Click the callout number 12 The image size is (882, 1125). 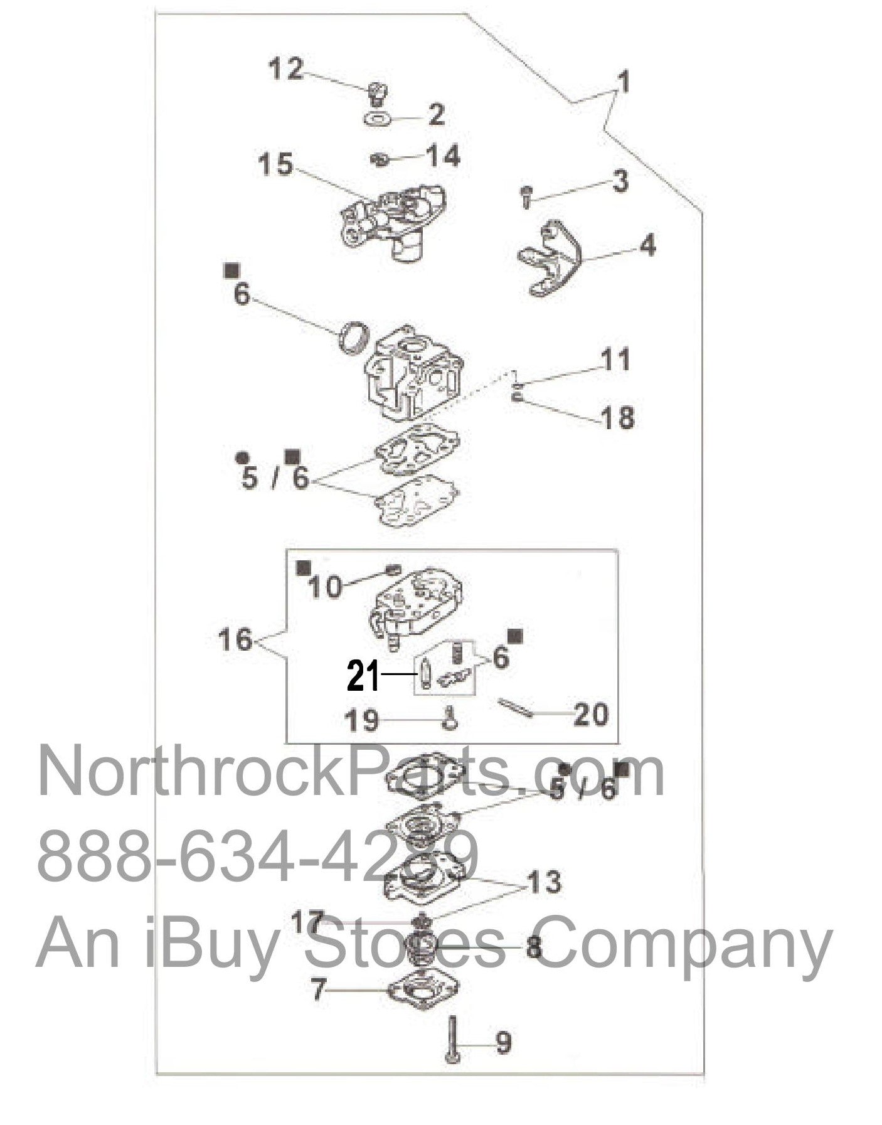285,68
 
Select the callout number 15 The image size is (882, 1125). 276,164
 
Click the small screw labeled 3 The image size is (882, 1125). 526,196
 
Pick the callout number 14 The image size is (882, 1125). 443,155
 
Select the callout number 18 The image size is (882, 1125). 617,417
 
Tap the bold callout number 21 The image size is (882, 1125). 364,677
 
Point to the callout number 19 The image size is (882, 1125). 362,720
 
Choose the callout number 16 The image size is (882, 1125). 235,639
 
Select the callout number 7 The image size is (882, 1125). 319,990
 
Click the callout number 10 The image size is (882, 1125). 326,587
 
